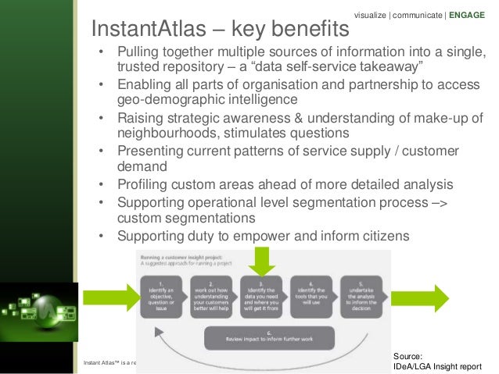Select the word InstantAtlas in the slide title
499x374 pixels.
(x=149, y=30)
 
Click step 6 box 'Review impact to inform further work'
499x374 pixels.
(x=269, y=338)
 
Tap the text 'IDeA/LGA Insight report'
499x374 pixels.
(x=437, y=365)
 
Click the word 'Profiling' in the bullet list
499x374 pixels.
(x=145, y=185)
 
